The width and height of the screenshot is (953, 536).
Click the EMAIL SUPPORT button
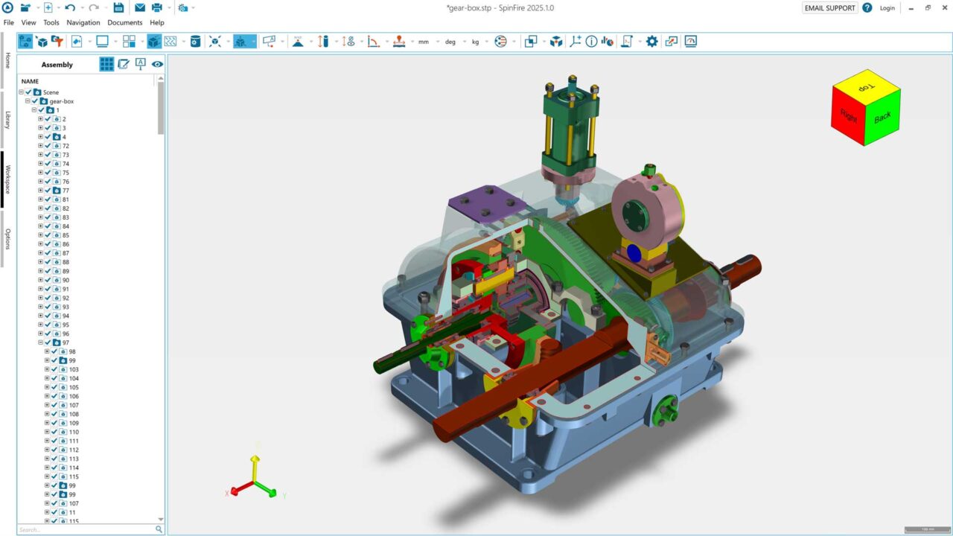[829, 8]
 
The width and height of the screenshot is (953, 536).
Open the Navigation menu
[83, 22]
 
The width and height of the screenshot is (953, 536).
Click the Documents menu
[124, 22]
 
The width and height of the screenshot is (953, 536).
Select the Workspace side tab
[7, 179]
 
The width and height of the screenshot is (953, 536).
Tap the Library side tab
[7, 120]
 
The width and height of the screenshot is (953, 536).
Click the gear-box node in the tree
[61, 101]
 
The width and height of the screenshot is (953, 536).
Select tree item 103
[74, 369]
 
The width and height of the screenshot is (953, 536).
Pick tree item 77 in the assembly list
[66, 191]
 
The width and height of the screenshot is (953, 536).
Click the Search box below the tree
[86, 529]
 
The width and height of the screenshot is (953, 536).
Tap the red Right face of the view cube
[848, 115]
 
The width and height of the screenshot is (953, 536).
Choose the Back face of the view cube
[883, 118]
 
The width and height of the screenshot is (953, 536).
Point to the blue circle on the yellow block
[634, 253]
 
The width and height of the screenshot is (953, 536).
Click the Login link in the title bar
[887, 8]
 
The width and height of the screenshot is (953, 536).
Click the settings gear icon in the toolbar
[652, 42]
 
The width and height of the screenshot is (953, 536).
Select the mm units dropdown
[424, 42]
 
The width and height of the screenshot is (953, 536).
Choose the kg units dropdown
[475, 42]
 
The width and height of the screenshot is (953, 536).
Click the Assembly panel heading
[57, 65]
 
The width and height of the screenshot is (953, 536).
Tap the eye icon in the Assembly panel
[157, 65]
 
